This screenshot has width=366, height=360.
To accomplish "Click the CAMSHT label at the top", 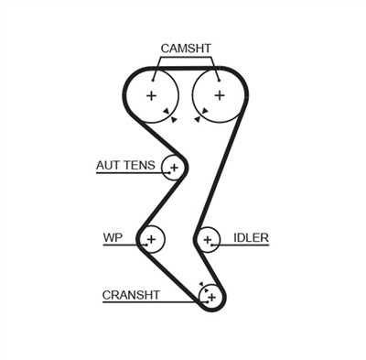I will coord(186,48).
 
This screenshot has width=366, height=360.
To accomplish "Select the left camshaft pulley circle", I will coord(150,95).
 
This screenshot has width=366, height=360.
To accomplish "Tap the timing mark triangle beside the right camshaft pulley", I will coord(199,115).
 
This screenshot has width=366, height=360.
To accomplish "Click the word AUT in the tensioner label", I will coord(108,166).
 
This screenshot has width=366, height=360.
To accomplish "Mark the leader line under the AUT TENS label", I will coord(128,174).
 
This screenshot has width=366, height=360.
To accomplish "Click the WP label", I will coord(113,237).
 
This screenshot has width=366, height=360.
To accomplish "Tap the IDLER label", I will coord(251,237).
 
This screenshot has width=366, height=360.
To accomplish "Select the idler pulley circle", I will coord(209,240).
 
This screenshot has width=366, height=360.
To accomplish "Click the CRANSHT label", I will coord(131,295).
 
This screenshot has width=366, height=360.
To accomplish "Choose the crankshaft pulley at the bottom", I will coord(210,296).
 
